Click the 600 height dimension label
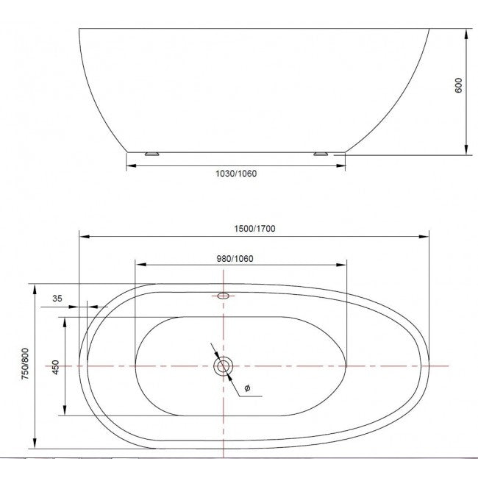[458, 85]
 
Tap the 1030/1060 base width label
[236, 174]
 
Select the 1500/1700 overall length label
[254, 229]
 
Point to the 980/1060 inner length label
[235, 259]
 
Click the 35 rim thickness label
[57, 299]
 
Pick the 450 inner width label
[55, 368]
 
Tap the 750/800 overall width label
[25, 364]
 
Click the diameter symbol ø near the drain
[247, 388]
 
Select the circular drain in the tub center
[224, 365]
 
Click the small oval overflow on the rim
[224, 296]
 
